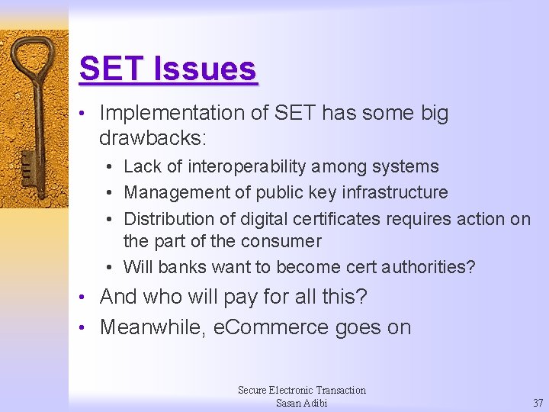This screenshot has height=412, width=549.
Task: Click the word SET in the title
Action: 112,69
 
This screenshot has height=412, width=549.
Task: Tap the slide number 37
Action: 538,403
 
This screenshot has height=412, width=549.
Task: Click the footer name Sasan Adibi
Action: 301,403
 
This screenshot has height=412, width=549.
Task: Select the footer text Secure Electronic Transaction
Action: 301,390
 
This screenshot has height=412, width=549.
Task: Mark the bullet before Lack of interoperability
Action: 111,167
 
